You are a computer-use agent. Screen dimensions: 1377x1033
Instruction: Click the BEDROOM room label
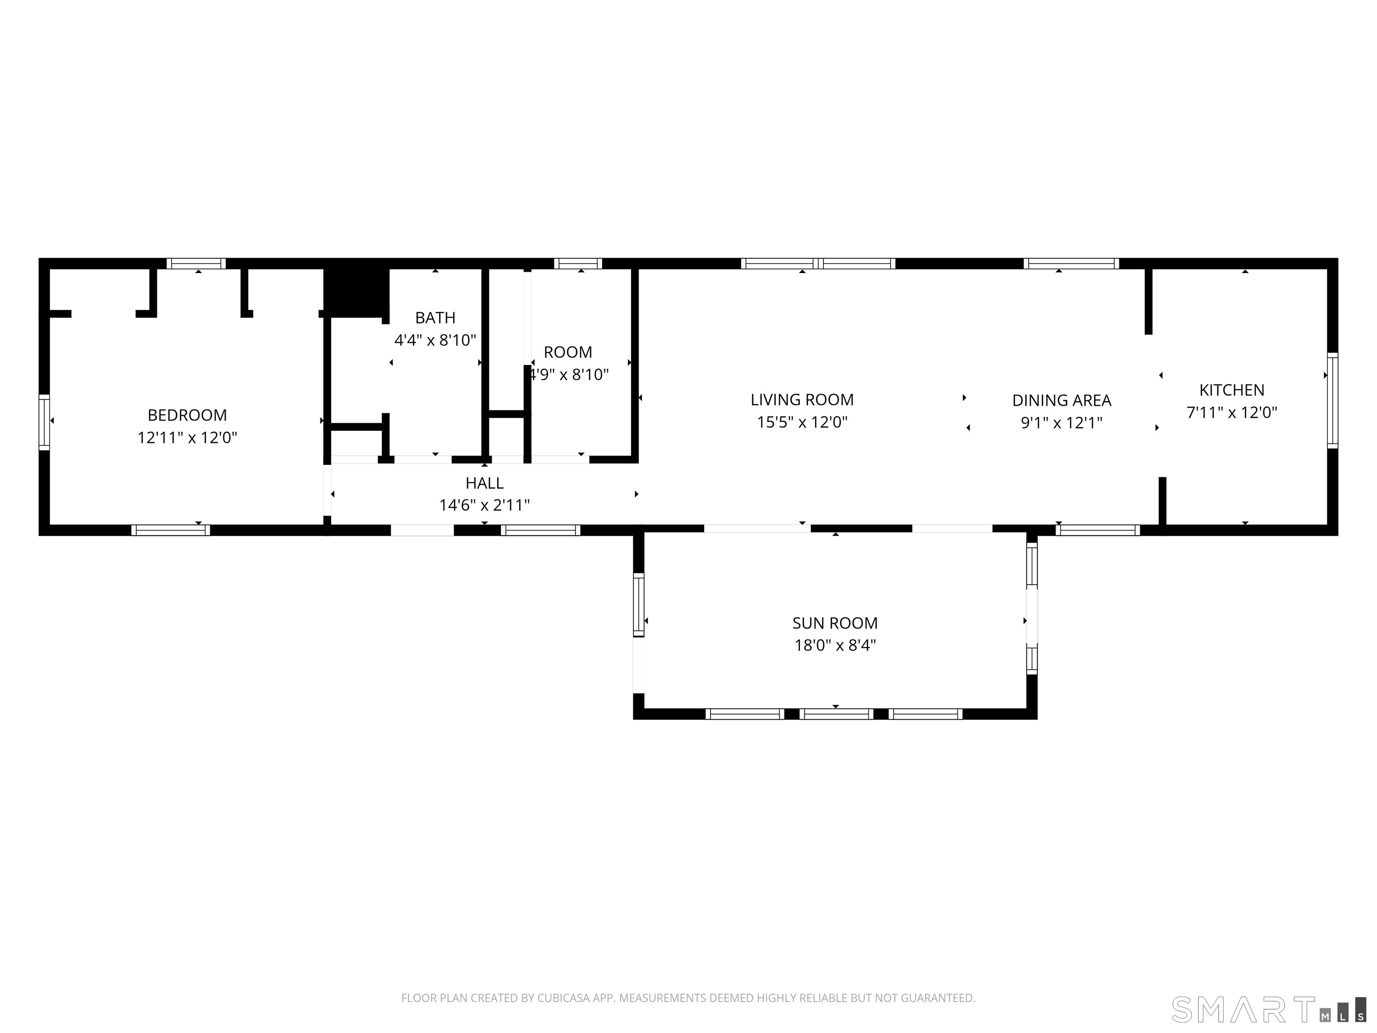pyautogui.click(x=187, y=415)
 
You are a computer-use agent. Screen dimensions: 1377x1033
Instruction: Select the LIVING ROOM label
pyautogui.click(x=802, y=400)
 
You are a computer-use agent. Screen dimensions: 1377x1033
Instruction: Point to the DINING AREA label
pyautogui.click(x=1061, y=400)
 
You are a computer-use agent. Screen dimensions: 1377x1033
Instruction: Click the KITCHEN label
pyautogui.click(x=1232, y=391)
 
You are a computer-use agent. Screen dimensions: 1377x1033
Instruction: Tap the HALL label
pyautogui.click(x=484, y=483)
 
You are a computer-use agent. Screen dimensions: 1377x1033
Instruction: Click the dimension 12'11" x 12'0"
pyautogui.click(x=187, y=438)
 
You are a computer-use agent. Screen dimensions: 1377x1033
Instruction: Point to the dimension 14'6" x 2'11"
pyautogui.click(x=484, y=505)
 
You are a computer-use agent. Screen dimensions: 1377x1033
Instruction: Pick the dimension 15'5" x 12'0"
pyautogui.click(x=802, y=422)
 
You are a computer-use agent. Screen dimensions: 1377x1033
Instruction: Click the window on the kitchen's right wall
pyautogui.click(x=1332, y=400)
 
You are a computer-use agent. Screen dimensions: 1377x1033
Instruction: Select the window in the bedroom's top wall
pyautogui.click(x=196, y=263)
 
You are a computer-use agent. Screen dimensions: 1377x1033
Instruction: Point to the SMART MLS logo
pyautogui.click(x=1269, y=1009)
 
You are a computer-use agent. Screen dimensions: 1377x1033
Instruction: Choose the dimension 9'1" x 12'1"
pyautogui.click(x=1061, y=423)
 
